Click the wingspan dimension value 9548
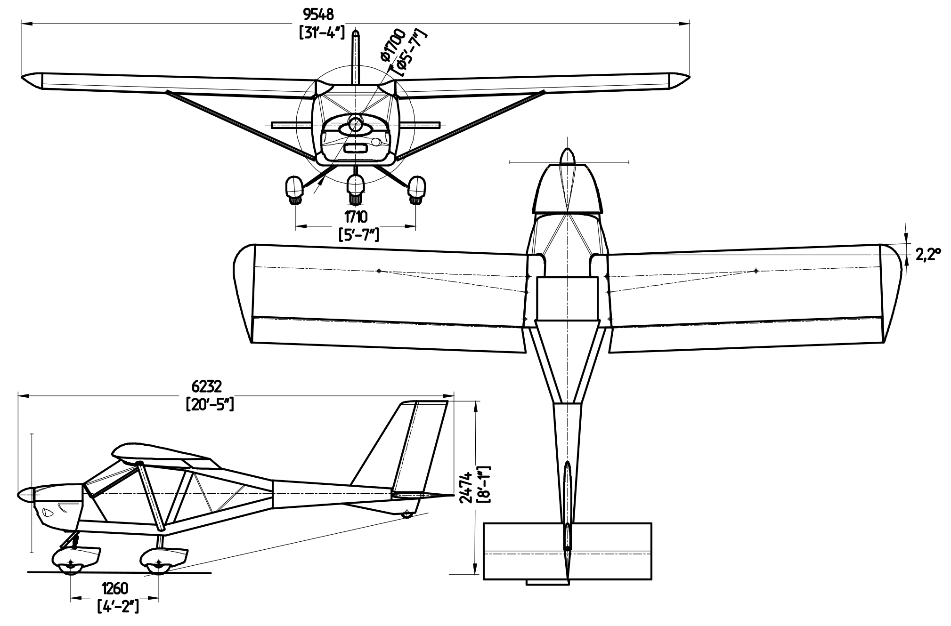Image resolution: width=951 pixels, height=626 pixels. click(x=318, y=15)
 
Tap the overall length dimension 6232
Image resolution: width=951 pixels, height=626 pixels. click(x=206, y=386)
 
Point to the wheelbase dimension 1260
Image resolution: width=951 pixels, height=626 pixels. click(x=115, y=588)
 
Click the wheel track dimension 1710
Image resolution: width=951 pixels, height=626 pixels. click(x=356, y=217)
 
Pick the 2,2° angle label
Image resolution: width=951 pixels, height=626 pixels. click(x=928, y=255)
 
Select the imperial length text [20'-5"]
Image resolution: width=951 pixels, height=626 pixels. click(x=210, y=404)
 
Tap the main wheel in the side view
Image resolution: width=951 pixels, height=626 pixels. click(x=159, y=567)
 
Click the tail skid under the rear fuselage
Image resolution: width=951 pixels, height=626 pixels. click(x=406, y=514)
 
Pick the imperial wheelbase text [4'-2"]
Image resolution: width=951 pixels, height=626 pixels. click(x=118, y=606)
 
